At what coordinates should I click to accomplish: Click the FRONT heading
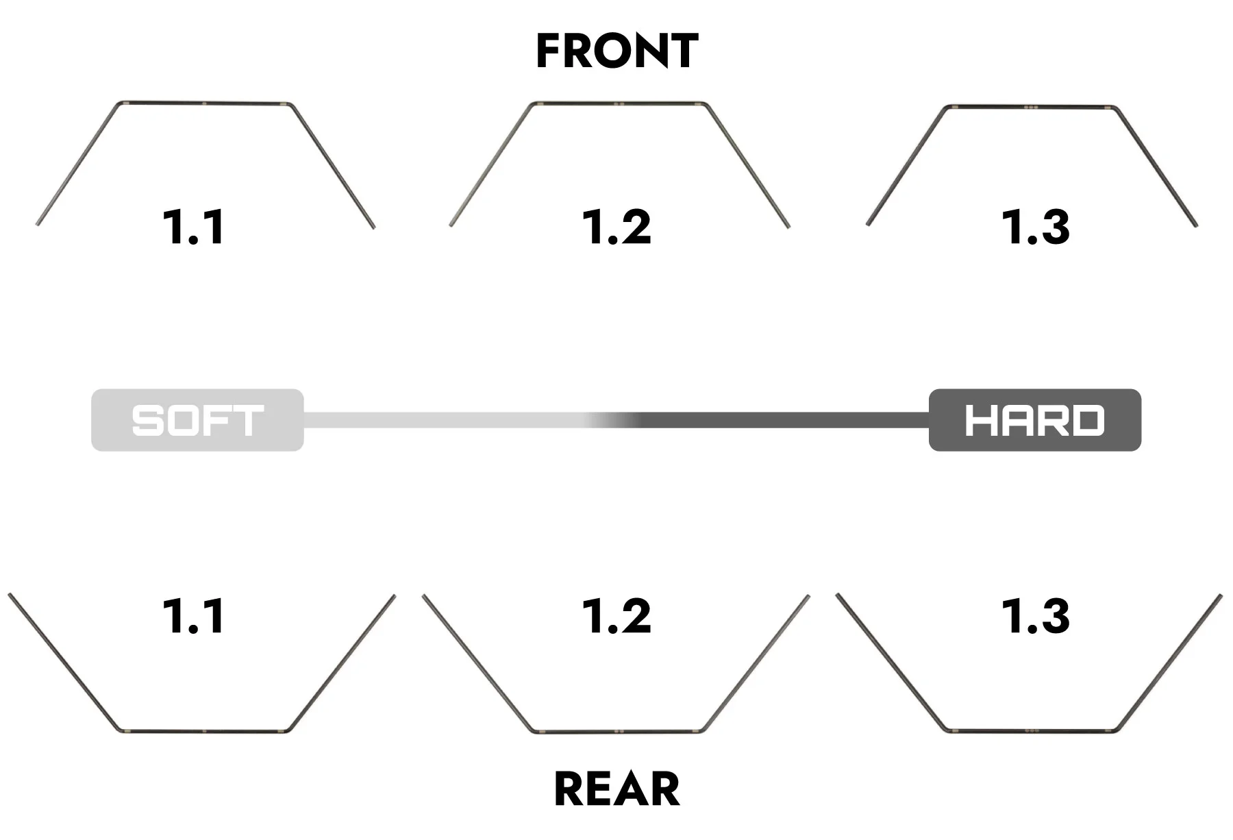[616, 51]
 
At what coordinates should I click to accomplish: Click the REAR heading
[616, 789]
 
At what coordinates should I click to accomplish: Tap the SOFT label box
[197, 420]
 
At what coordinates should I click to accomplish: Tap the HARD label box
[1035, 420]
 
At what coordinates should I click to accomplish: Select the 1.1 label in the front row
[194, 227]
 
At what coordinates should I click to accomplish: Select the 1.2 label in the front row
[616, 227]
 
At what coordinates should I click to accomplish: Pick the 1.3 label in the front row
[1036, 227]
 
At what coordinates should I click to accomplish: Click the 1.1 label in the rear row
[194, 616]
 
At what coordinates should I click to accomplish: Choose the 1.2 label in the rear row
[616, 616]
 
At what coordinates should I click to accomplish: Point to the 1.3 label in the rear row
[1036, 616]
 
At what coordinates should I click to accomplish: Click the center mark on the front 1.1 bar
[204, 103]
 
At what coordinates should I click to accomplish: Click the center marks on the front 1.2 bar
[619, 104]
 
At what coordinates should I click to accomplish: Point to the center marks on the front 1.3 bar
[1031, 108]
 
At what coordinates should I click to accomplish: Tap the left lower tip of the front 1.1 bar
[38, 224]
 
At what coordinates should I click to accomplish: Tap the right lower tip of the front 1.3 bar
[1196, 224]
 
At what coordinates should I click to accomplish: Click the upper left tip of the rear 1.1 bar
[10, 595]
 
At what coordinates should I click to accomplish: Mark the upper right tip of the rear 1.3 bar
[1221, 595]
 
